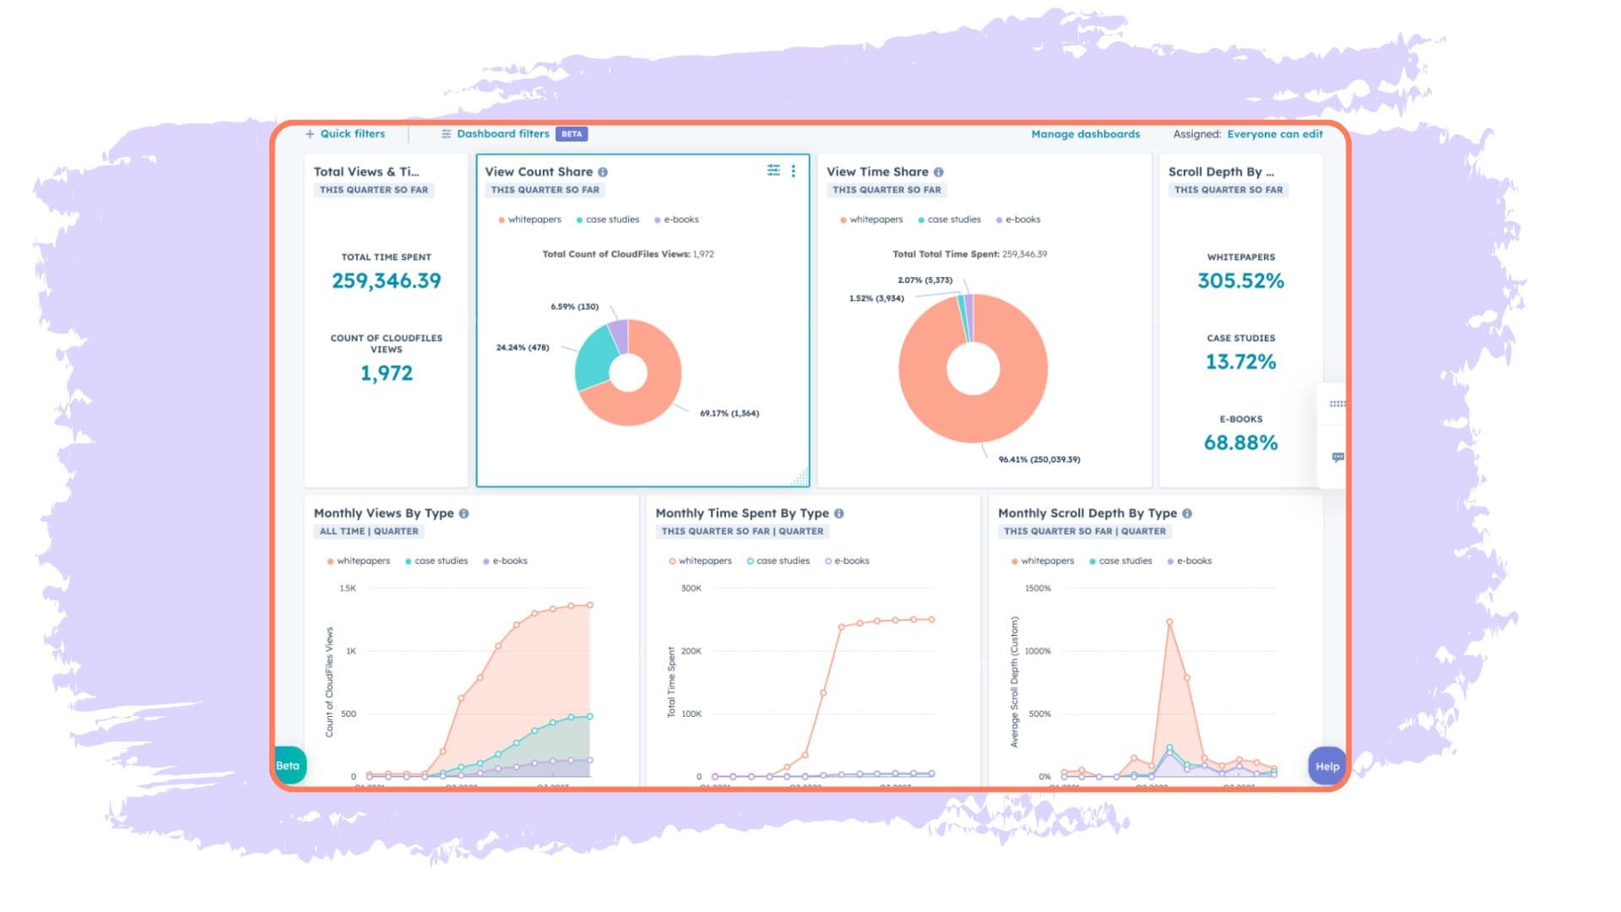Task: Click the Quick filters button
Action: pyautogui.click(x=345, y=133)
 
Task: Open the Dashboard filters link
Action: pyautogui.click(x=502, y=133)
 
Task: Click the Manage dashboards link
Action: pyautogui.click(x=1085, y=134)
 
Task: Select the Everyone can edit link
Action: pyautogui.click(x=1275, y=134)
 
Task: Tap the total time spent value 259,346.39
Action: pyautogui.click(x=386, y=280)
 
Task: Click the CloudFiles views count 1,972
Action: pyautogui.click(x=386, y=373)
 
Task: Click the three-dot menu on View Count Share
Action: pyautogui.click(x=794, y=171)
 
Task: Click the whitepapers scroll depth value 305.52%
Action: pyautogui.click(x=1240, y=280)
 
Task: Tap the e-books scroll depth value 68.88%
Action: pyautogui.click(x=1240, y=442)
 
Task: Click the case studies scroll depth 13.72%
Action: pyautogui.click(x=1240, y=361)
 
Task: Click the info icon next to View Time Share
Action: pyautogui.click(x=938, y=172)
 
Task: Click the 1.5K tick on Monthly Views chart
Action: pyautogui.click(x=348, y=589)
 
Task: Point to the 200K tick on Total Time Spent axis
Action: pyautogui.click(x=691, y=651)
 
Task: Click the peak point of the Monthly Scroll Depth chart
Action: pyautogui.click(x=1169, y=622)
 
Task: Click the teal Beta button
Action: pyautogui.click(x=288, y=766)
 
